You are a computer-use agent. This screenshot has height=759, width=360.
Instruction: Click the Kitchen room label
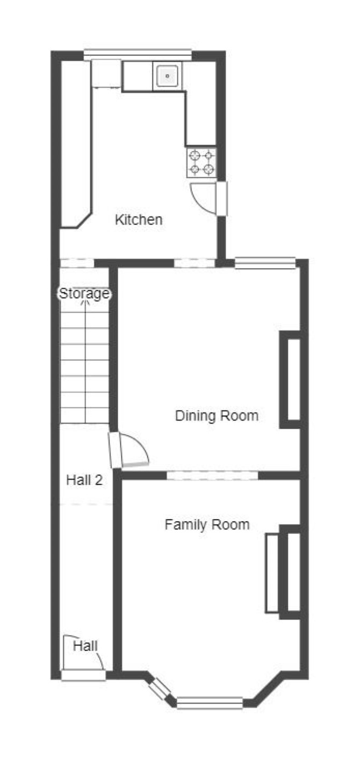[x=139, y=220]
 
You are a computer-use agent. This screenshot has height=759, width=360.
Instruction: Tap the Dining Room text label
[x=217, y=415]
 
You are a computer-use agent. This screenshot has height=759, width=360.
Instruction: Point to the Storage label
[x=84, y=293]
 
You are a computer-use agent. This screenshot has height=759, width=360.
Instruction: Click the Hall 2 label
[x=84, y=480]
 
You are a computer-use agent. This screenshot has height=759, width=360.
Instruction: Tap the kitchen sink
[x=167, y=76]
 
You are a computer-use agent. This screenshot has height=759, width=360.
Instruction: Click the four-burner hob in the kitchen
[x=201, y=162]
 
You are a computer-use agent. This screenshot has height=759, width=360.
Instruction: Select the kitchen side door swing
[x=204, y=199]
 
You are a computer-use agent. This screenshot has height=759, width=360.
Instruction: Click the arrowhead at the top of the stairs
[x=85, y=302]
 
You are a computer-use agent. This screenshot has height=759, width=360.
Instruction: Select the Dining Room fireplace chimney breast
[x=291, y=379]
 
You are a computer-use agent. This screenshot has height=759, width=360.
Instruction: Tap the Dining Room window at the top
[x=265, y=263]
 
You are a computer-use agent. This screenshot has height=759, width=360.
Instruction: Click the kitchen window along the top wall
[x=138, y=55]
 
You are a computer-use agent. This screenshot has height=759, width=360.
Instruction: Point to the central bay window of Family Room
[x=210, y=703]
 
